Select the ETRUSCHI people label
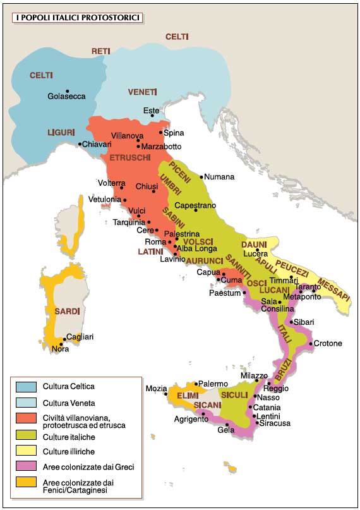click(x=129, y=157)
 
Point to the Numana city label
click(x=220, y=177)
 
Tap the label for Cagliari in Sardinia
click(x=80, y=337)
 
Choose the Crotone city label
click(x=328, y=343)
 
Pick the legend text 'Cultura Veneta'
click(x=70, y=402)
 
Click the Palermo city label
click(x=213, y=383)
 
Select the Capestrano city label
click(x=195, y=205)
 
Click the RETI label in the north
click(x=101, y=51)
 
